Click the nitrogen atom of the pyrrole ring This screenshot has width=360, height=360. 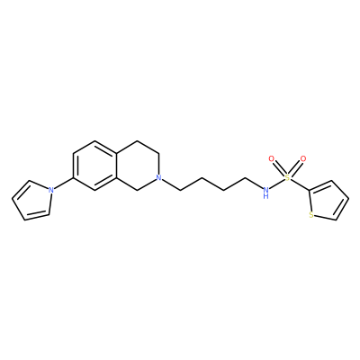click(x=51, y=190)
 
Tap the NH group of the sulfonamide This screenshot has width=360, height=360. click(x=265, y=193)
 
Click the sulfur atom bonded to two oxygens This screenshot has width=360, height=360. click(x=287, y=177)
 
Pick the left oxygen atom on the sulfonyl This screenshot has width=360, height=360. click(x=272, y=158)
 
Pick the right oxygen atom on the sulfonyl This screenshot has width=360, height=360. click(x=303, y=158)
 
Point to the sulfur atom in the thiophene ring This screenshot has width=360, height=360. click(x=311, y=215)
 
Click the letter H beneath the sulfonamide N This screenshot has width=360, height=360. click(x=265, y=196)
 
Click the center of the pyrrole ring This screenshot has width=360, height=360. click(x=33, y=201)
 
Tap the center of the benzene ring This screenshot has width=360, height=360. click(x=94, y=166)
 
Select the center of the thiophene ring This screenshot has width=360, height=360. click(x=328, y=201)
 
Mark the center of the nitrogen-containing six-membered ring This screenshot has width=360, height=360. click(x=138, y=166)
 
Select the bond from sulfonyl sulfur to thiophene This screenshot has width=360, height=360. click(x=300, y=184)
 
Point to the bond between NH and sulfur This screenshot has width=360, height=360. click(x=276, y=184)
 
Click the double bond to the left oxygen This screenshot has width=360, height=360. click(x=279, y=168)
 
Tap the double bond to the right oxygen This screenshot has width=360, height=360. click(x=295, y=168)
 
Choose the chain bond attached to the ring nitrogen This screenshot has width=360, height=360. click(x=171, y=184)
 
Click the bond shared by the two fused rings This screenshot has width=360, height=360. click(x=116, y=166)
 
